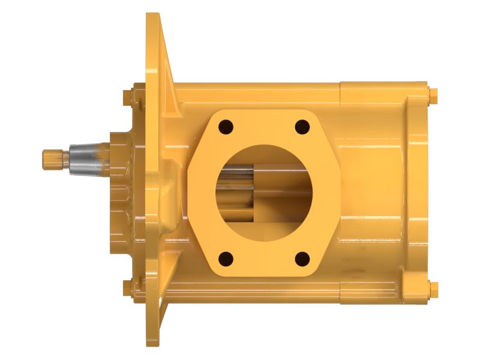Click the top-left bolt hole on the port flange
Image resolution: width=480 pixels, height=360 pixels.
[226, 127]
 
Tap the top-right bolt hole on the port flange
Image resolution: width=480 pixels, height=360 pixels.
[302, 127]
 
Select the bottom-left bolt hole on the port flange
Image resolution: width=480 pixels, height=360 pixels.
[226, 259]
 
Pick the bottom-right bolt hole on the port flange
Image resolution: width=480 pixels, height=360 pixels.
[302, 259]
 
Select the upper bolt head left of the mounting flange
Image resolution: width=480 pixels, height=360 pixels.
[128, 95]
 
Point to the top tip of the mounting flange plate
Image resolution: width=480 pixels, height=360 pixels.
[153, 18]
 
